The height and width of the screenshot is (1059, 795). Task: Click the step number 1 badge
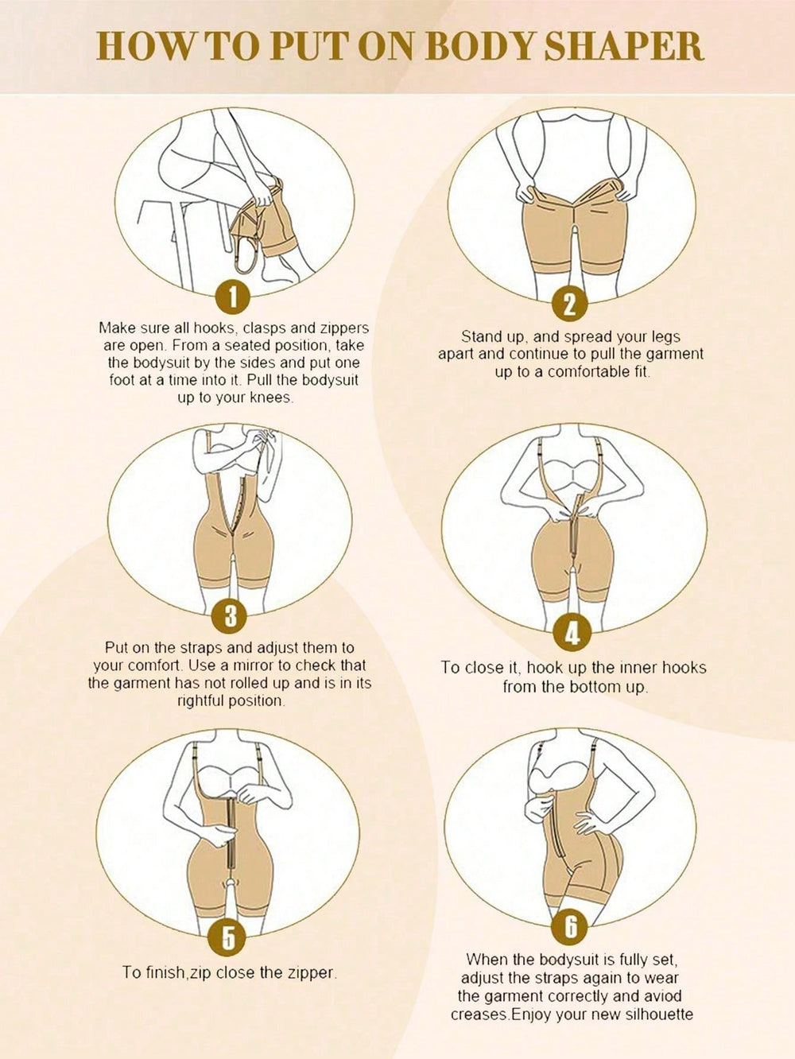point(232,297)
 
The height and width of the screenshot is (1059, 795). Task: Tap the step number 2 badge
point(570,304)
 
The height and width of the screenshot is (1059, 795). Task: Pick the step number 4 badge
point(572,634)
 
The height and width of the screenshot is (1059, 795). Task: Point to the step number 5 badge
point(227,937)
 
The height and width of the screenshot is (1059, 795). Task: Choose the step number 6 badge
point(570,927)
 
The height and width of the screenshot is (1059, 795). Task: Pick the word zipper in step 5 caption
point(311,972)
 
